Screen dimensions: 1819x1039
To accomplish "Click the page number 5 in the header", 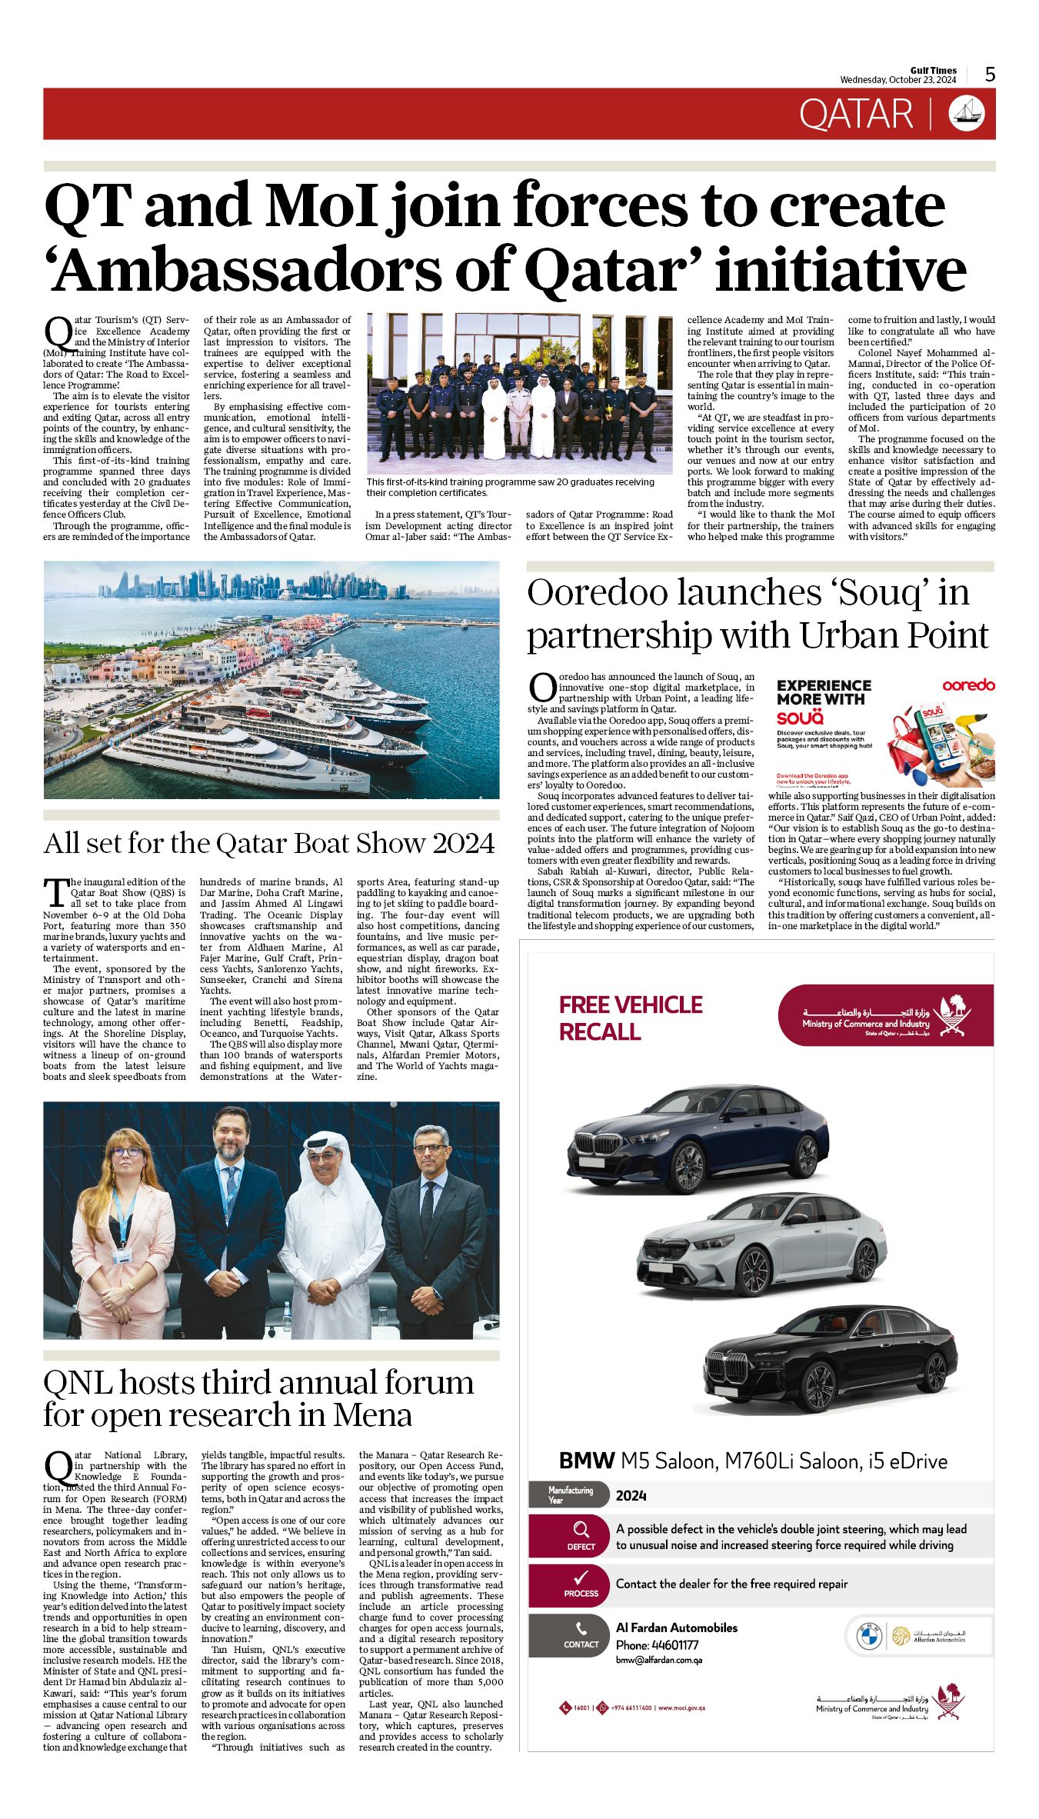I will tap(990, 74).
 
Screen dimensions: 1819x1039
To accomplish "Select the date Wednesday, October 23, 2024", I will tap(897, 80).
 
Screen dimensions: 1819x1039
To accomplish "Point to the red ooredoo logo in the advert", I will tap(968, 685).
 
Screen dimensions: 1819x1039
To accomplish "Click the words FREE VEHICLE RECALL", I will tap(630, 1018).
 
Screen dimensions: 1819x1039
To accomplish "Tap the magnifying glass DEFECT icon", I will tap(581, 1529).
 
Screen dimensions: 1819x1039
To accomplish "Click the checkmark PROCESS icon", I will tap(581, 1577).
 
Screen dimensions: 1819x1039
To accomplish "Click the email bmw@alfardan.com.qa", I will tap(659, 1660).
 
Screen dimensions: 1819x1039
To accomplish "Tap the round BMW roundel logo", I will tap(869, 1636).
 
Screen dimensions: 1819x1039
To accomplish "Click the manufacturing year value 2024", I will tap(631, 1495).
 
